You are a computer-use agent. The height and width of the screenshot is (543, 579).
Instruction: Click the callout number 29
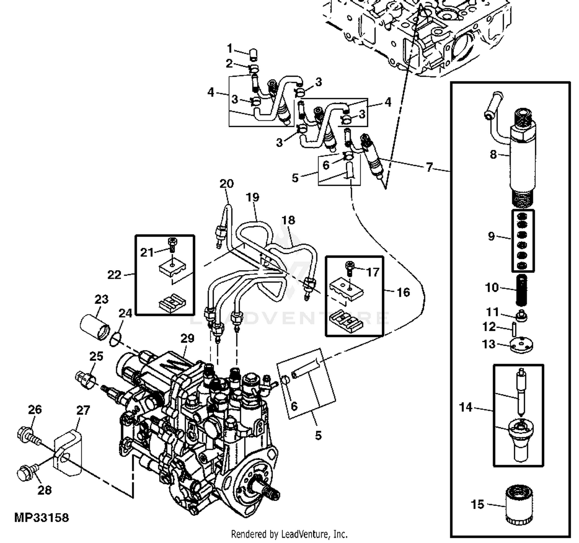[187, 338]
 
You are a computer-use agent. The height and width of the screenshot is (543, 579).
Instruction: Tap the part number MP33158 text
[41, 518]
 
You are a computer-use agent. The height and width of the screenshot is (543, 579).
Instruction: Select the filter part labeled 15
[518, 506]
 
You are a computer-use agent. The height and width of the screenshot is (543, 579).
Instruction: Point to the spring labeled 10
[522, 289]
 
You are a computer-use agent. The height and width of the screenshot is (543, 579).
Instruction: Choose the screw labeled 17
[350, 268]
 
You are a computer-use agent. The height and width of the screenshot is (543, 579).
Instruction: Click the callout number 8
[493, 154]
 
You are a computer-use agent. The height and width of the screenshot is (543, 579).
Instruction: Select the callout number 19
[252, 198]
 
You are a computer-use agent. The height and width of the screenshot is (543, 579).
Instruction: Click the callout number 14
[466, 407]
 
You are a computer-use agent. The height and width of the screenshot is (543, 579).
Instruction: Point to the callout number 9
[491, 236]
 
